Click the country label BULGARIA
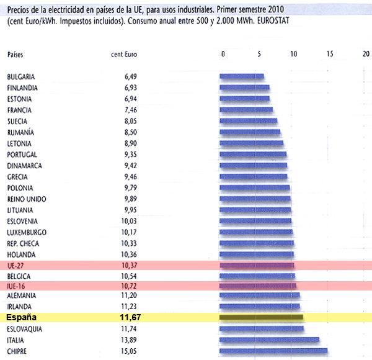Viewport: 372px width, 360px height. (x=21, y=76)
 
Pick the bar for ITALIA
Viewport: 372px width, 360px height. (x=270, y=340)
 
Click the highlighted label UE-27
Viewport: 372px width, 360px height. (x=16, y=265)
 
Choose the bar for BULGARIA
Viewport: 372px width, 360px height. (x=242, y=76)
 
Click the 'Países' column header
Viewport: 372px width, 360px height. (x=15, y=55)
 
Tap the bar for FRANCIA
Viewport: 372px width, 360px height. (x=247, y=110)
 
